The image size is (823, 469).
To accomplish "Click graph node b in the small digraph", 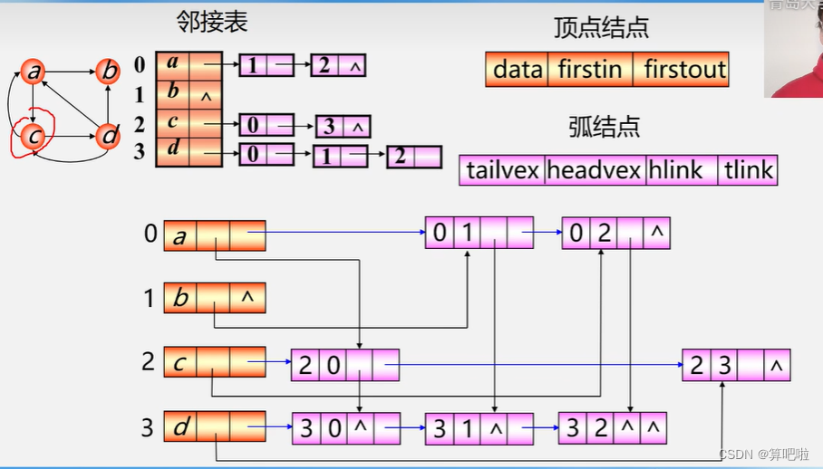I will point(108,71).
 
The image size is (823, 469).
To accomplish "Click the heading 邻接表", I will point(212,23).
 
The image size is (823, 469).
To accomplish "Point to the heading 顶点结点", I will point(601,27).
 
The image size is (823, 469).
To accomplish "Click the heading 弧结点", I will point(605,127).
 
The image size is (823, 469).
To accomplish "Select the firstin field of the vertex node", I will point(590,69).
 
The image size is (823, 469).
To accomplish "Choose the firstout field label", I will point(684,69).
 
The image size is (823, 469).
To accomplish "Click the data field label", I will point(518,69).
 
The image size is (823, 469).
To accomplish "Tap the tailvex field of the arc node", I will point(503,170).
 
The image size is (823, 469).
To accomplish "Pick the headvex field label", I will point(594,170).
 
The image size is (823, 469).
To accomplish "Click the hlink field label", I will point(680,170).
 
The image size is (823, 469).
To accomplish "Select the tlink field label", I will point(748,170).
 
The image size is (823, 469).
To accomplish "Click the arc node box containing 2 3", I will point(736,365).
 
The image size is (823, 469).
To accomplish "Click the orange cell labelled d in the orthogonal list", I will point(180,426).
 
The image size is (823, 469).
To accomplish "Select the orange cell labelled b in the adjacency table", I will point(172,91).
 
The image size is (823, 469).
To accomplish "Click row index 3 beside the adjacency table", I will point(140,151).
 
